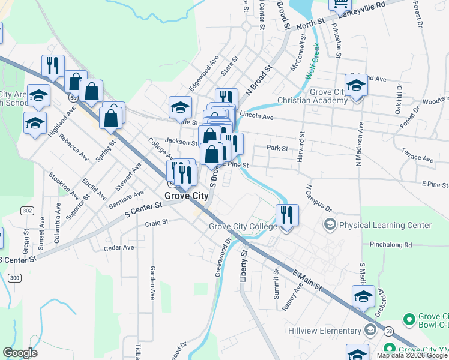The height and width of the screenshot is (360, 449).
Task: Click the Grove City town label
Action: (x=186, y=196)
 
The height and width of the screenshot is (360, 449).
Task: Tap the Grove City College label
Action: (x=243, y=226)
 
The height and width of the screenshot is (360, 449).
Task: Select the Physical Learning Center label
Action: (x=385, y=225)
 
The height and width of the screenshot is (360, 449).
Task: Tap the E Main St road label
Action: (x=307, y=281)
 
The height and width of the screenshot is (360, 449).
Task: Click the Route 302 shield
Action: (x=28, y=211)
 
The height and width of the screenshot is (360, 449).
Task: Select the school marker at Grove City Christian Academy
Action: (x=356, y=86)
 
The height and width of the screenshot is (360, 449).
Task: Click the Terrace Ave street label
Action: (x=417, y=155)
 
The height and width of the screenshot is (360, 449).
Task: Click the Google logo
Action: (x=20, y=353)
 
